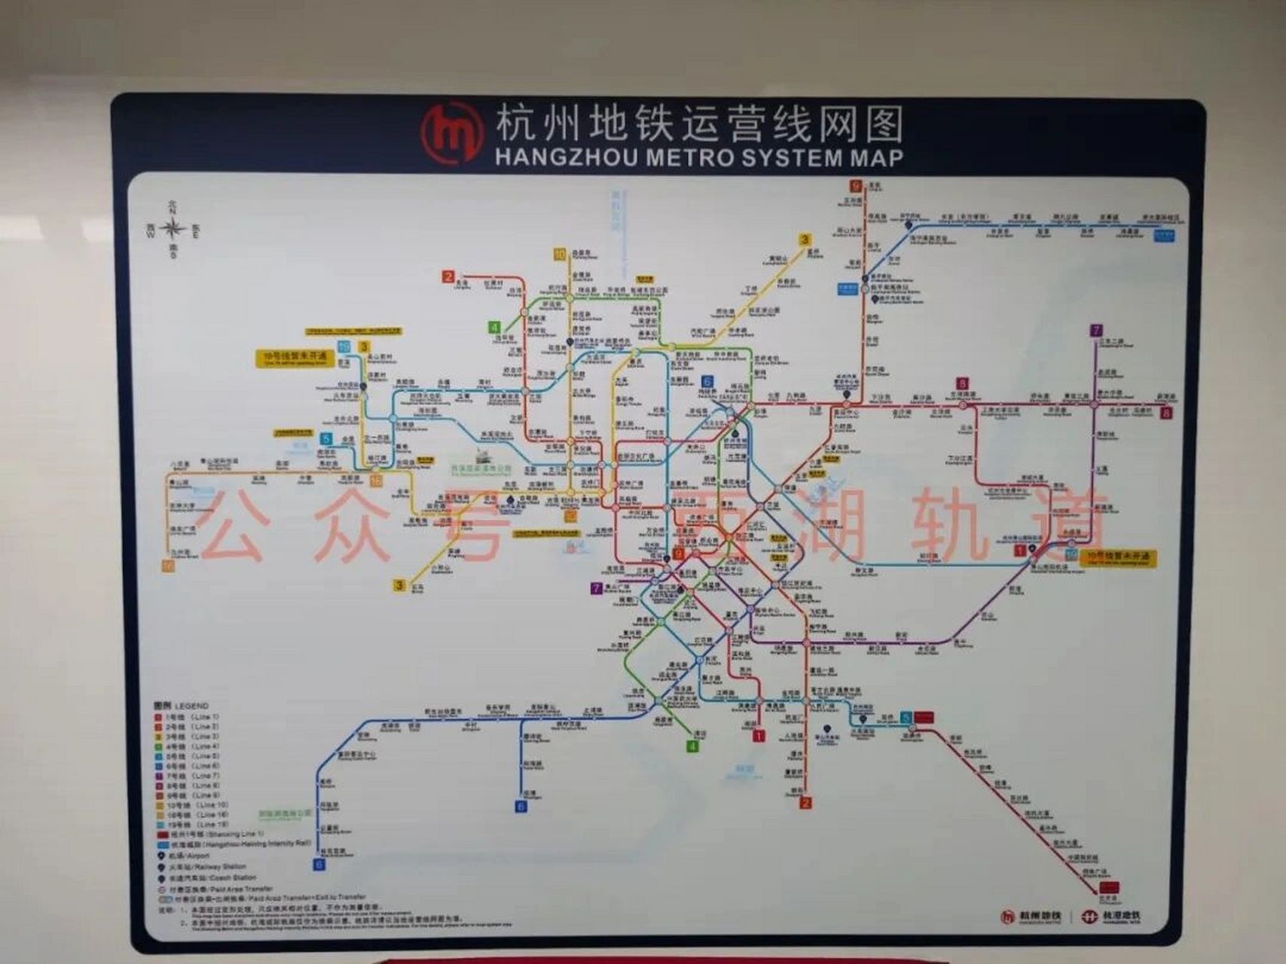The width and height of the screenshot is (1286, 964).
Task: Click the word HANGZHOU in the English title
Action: pos(566,158)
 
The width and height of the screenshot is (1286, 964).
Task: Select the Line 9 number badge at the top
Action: pos(855,186)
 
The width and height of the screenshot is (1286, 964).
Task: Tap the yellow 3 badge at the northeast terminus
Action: pos(805,240)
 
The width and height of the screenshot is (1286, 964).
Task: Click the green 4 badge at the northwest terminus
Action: pos(494,328)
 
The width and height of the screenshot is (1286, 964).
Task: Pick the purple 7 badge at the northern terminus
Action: pos(1096,330)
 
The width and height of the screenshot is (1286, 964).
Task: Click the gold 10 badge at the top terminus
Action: pos(560,255)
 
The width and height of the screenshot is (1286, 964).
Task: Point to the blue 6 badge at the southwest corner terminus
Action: pos(319,865)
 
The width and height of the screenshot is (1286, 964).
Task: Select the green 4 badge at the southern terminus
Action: pos(692,746)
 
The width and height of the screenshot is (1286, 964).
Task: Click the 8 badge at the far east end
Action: pos(1166,413)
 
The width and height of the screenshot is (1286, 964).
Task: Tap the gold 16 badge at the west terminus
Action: pos(169,566)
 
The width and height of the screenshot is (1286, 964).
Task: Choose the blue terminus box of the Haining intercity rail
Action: pos(1164,235)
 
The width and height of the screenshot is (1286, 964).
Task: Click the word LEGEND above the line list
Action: pos(191,706)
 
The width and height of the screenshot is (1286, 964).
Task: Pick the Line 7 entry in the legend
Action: pos(188,775)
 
